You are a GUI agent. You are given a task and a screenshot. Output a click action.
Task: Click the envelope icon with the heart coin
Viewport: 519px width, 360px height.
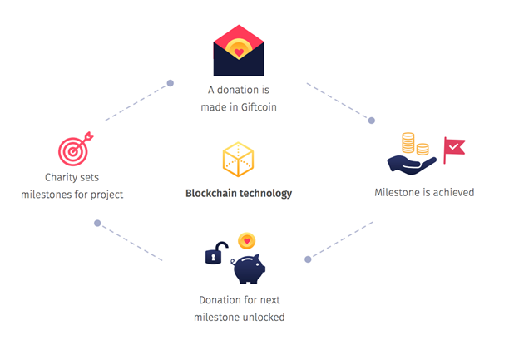(239, 51)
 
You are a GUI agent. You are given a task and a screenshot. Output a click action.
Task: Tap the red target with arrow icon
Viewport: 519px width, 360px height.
(76, 149)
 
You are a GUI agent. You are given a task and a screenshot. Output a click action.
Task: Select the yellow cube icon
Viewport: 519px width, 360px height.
(239, 160)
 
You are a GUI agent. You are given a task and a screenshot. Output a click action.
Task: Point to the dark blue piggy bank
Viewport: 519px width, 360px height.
(249, 269)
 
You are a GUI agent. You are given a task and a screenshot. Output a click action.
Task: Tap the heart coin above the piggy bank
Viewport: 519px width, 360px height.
(246, 241)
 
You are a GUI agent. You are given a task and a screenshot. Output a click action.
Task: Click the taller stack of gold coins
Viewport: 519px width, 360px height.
(408, 143)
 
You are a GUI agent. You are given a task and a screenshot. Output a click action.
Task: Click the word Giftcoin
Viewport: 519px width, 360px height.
(259, 107)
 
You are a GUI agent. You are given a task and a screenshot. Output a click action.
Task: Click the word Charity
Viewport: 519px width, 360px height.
(57, 178)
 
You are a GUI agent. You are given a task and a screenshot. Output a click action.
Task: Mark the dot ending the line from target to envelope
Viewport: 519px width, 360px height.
(171, 83)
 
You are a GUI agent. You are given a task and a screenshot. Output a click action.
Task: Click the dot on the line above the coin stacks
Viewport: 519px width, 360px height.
(372, 121)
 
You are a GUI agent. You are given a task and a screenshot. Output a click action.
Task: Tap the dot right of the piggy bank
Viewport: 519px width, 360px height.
(308, 259)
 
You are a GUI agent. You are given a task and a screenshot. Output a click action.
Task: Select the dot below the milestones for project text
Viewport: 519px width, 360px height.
(97, 224)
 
